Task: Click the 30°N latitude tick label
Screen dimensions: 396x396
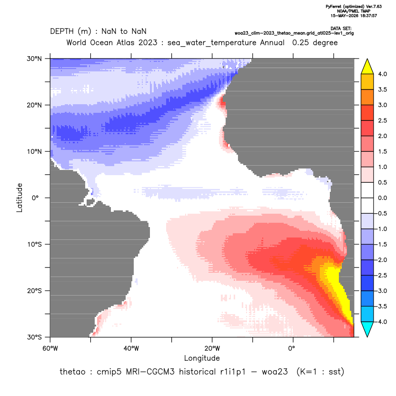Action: tap(34, 59)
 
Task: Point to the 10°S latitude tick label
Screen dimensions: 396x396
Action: tap(34, 245)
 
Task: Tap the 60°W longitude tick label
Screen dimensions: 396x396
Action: tap(50, 348)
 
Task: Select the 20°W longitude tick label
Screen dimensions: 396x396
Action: tap(212, 348)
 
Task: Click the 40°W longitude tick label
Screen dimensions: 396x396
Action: tap(131, 348)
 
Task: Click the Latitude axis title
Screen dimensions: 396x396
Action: tap(19, 198)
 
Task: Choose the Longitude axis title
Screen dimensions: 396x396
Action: tap(202, 358)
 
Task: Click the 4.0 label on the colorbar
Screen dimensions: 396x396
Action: tap(382, 74)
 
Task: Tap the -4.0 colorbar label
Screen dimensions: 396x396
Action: tap(381, 322)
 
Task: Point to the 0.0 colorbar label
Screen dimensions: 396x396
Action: tap(382, 198)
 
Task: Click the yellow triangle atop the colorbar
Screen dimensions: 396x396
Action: tap(367, 67)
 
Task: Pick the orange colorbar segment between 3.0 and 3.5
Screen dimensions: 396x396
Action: tap(367, 97)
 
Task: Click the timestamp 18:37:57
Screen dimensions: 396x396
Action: tap(368, 16)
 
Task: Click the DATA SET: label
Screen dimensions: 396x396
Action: tap(341, 29)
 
